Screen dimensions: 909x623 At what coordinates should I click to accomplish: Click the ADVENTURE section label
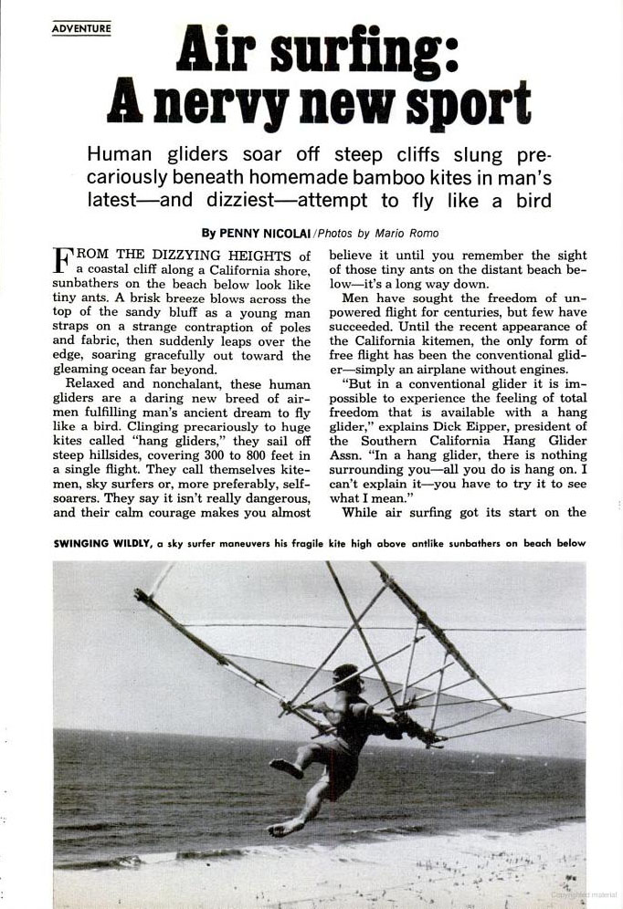pos(81,28)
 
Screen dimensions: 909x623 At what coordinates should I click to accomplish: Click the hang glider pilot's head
pos(346,678)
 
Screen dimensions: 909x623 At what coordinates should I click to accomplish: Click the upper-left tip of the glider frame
pos(139,595)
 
